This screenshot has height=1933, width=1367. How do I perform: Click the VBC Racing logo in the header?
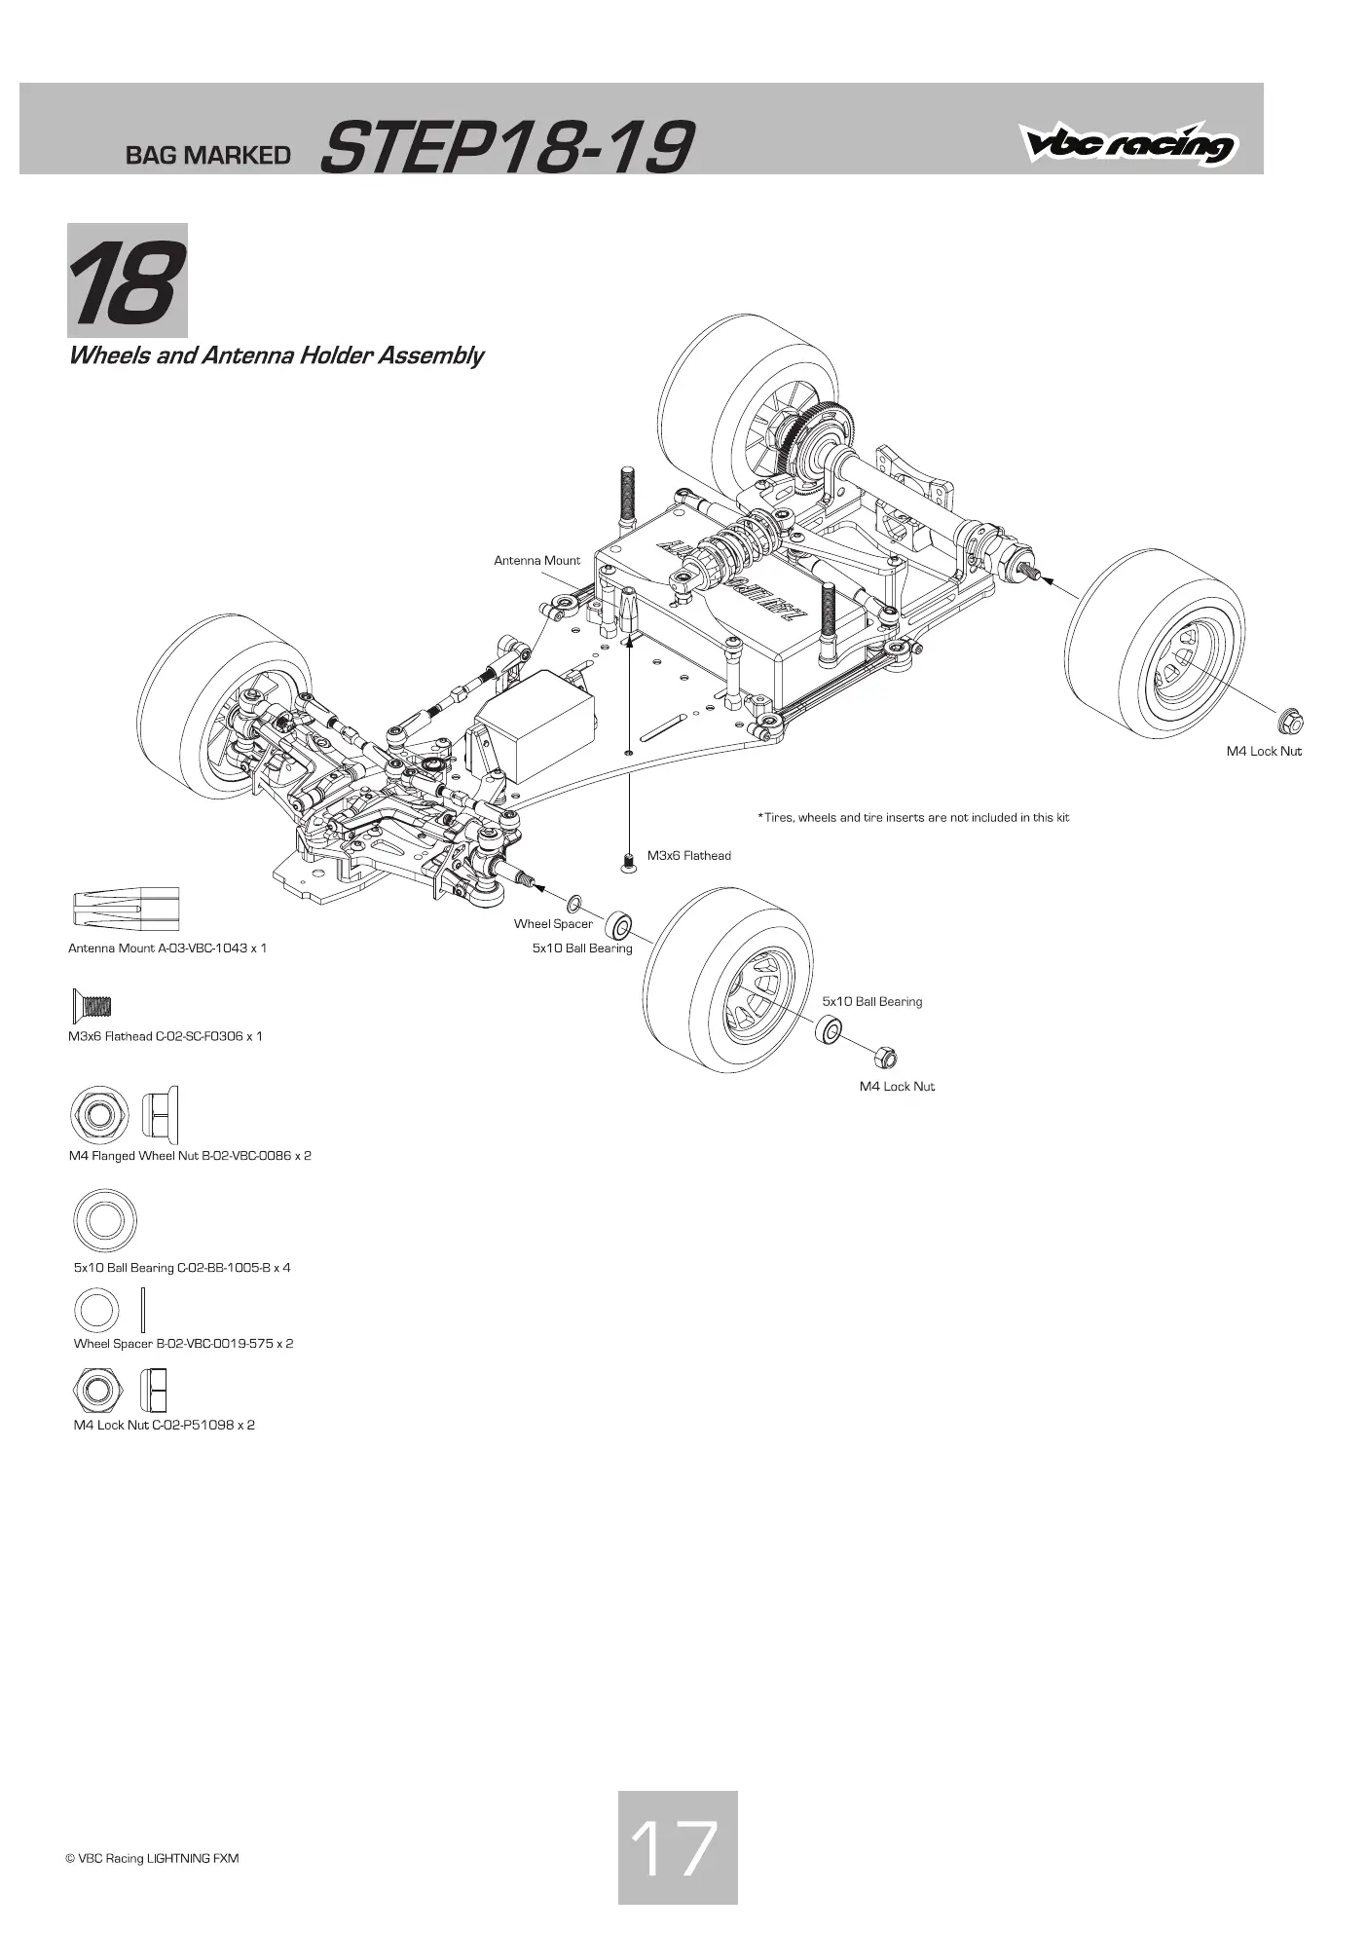[1128, 143]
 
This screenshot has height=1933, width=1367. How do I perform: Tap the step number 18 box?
[128, 280]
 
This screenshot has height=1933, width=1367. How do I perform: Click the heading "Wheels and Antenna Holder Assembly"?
[276, 355]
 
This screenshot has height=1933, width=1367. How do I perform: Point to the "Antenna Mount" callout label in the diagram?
[536, 561]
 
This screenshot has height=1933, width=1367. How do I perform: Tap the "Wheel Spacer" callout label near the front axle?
[553, 924]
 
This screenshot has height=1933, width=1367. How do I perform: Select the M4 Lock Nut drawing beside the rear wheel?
[1291, 722]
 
